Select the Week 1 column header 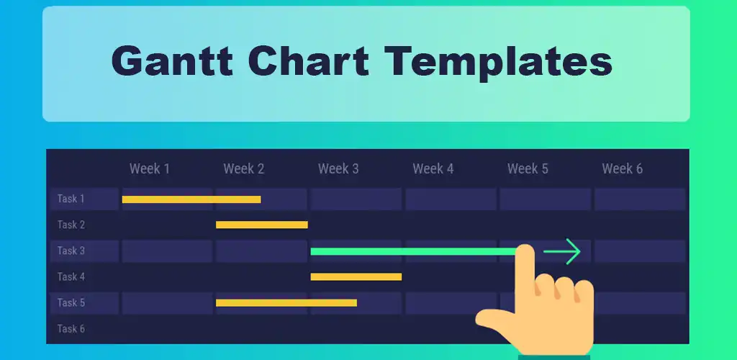point(150,169)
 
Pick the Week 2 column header point(243,169)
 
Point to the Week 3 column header point(338,169)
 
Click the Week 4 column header point(433,169)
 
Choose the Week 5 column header point(528,169)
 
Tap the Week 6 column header point(622,169)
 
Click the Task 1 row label point(71,199)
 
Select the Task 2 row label point(71,225)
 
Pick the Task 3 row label point(71,251)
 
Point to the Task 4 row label point(71,276)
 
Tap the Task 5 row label point(71,302)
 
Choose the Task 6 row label point(71,328)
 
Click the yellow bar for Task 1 point(191,199)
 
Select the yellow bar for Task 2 point(262,225)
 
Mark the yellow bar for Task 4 point(356,276)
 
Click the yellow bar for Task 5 point(286,302)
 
